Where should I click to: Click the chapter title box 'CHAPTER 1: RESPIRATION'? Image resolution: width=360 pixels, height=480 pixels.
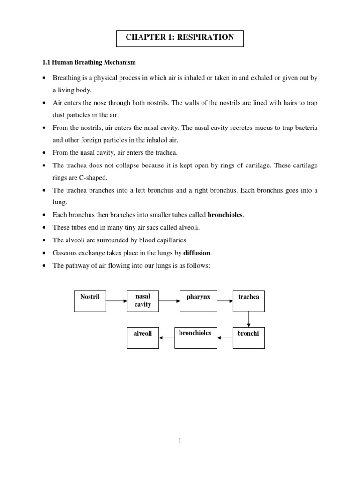tap(180, 37)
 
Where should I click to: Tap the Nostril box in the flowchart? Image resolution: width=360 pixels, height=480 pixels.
tap(90, 300)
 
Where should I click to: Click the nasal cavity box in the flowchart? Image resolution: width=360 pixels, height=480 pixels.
tap(143, 300)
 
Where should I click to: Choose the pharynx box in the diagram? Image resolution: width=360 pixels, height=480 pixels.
tap(198, 300)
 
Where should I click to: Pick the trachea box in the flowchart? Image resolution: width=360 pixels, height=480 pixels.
tap(248, 300)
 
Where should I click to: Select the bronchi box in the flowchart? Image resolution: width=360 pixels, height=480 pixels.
tap(248, 337)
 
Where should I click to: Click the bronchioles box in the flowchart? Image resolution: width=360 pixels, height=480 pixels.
tap(195, 337)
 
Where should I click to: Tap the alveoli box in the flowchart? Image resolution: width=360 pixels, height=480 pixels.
tap(143, 337)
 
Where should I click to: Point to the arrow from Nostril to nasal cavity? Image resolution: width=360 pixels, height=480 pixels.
tap(117, 301)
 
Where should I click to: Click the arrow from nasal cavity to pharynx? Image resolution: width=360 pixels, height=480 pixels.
tap(169, 301)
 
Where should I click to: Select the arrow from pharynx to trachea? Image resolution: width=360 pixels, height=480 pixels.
tap(225, 301)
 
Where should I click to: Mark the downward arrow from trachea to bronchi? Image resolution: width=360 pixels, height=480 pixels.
tap(249, 319)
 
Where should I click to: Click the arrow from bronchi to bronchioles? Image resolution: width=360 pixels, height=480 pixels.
tap(225, 337)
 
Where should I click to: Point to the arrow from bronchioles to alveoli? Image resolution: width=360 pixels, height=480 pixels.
tap(167, 337)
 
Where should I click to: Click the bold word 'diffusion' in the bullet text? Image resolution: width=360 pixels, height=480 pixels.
tap(197, 253)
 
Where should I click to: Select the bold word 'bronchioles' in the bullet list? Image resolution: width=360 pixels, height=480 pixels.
tap(225, 215)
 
